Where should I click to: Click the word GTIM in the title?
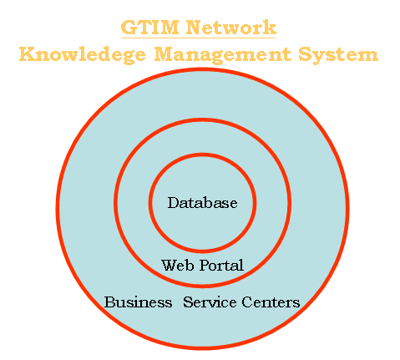[149, 28]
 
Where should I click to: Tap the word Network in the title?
[231, 28]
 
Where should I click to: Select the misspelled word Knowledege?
[83, 54]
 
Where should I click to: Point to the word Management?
[223, 54]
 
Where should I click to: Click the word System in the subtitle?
[338, 54]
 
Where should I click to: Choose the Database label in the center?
[202, 203]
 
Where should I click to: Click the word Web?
[178, 265]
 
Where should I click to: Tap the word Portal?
[222, 265]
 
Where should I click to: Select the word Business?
[138, 302]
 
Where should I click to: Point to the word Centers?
[271, 302]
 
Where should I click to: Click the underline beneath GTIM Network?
[198, 38]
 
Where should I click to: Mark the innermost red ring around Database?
[202, 155]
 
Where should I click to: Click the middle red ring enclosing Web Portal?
[202, 119]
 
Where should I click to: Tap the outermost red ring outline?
[202, 69]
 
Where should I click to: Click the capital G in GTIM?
[129, 28]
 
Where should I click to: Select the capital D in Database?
[173, 203]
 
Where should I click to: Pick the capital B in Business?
[109, 302]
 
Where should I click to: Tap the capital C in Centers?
[247, 302]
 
